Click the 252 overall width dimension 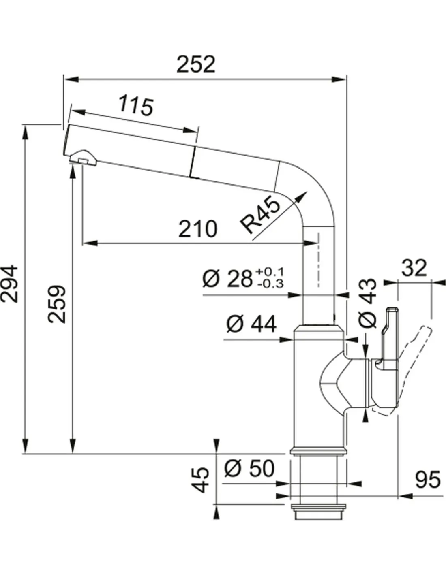click(196, 64)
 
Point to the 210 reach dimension click(198, 229)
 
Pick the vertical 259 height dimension click(56, 304)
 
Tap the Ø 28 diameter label click(227, 278)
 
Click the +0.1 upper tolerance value click(270, 272)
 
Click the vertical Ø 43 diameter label click(368, 303)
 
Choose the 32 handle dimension click(414, 268)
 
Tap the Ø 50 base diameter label click(249, 468)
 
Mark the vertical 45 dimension click(200, 480)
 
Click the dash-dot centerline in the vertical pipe click(318, 259)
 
